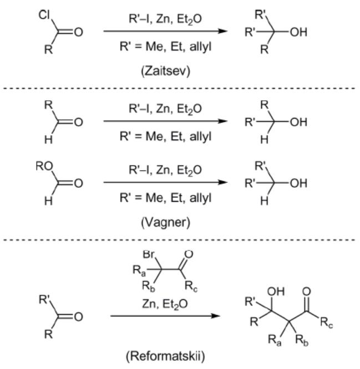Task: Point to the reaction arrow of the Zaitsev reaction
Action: point(165,30)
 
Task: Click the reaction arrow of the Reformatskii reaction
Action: point(165,316)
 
